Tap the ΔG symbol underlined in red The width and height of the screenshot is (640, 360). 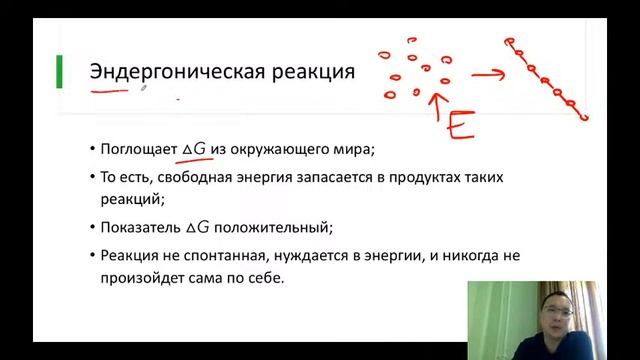click(x=194, y=149)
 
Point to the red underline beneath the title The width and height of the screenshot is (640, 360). click(x=116, y=93)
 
